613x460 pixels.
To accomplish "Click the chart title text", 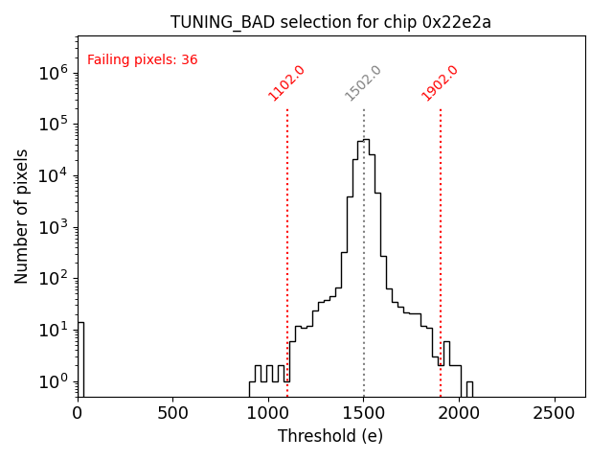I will point(330,22).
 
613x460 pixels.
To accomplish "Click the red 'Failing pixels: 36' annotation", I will point(142,59).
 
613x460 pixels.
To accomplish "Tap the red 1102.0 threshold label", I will point(286,82).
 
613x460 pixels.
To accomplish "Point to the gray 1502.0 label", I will point(363,82).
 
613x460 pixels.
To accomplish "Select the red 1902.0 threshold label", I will point(440,82).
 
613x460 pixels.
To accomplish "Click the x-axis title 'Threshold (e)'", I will point(330,436).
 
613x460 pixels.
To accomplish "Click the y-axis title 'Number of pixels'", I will point(22,216).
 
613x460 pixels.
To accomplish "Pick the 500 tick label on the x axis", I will point(172,413).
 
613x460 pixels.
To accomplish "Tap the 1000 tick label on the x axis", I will point(268,413).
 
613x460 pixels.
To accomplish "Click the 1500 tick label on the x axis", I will point(364,413).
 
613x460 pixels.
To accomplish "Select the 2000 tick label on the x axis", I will point(460,413).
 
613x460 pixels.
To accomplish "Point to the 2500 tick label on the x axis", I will point(556,413).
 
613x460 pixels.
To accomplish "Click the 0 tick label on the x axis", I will point(78,413).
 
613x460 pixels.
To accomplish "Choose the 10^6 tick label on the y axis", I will point(53,72).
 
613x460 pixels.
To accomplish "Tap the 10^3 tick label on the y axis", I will point(53,227).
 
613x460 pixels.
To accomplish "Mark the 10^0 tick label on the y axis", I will point(53,381).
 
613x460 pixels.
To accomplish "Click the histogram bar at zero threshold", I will point(80,359).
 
